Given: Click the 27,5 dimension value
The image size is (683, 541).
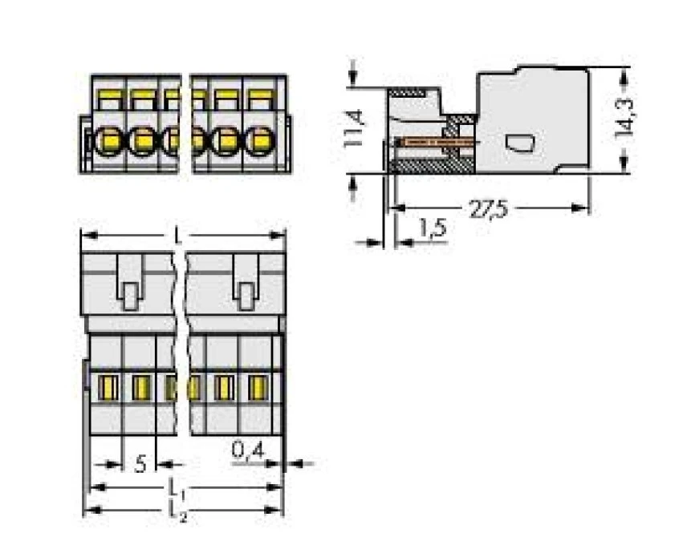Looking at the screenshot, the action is click(x=488, y=209).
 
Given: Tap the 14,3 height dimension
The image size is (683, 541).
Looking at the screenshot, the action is click(x=625, y=118).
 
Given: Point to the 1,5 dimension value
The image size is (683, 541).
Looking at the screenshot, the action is click(x=433, y=228).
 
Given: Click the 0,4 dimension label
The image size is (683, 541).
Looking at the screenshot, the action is click(x=248, y=450).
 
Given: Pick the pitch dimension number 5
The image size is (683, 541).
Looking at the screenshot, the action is click(x=140, y=465).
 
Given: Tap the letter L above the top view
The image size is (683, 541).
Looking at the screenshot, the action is click(x=177, y=236).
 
